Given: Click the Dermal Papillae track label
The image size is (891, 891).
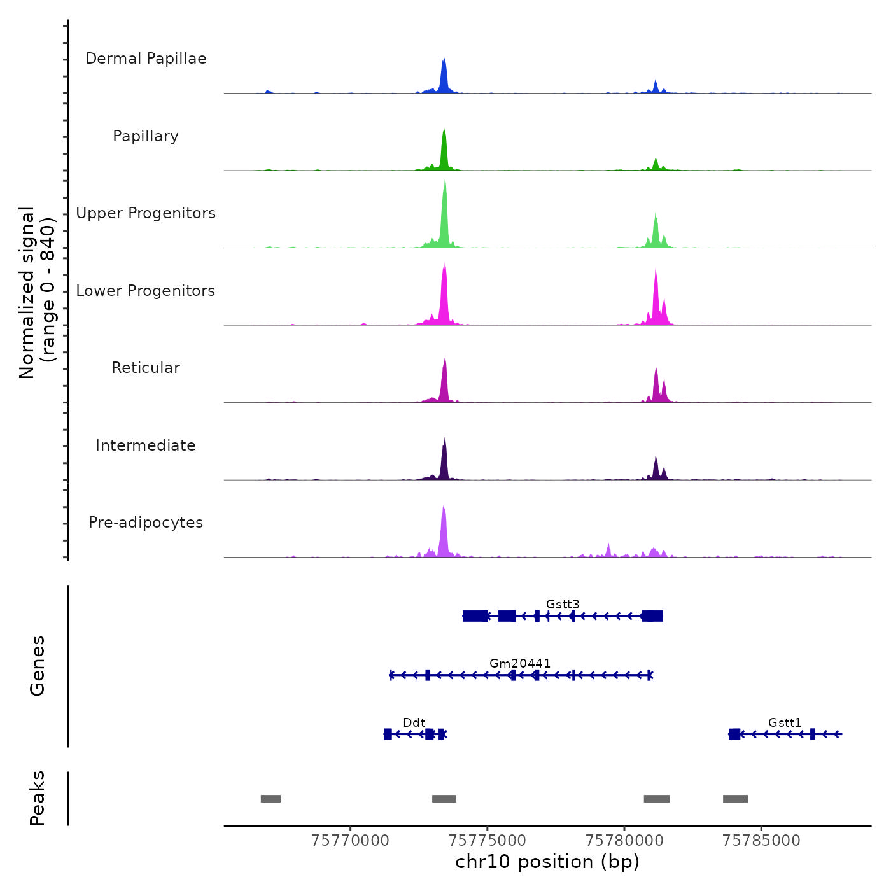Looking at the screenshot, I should click(146, 59).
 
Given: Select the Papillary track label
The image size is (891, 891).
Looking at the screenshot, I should click(146, 136).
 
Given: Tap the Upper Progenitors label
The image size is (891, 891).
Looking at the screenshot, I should click(146, 213).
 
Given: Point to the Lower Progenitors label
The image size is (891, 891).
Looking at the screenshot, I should click(146, 291).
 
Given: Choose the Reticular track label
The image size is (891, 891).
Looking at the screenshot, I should click(146, 368).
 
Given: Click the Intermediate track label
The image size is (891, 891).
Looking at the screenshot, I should click(146, 445).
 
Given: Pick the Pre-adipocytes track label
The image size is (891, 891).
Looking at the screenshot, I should click(146, 523).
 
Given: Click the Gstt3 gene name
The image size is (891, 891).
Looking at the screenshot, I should click(563, 604).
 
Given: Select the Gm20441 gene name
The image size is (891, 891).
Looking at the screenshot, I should click(520, 663).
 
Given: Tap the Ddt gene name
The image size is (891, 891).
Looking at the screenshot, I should click(414, 722).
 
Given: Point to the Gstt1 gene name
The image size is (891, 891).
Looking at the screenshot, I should click(785, 722).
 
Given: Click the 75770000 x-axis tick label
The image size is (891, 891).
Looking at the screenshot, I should click(350, 840).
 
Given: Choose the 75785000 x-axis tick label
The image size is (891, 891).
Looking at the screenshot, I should click(761, 840).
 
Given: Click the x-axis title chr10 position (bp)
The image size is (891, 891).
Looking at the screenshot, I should click(547, 862).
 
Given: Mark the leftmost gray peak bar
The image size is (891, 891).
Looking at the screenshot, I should click(270, 799).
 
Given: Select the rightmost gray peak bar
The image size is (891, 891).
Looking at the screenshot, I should click(735, 799).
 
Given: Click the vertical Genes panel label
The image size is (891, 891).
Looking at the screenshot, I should click(38, 666).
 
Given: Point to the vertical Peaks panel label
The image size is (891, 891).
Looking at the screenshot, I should click(38, 798).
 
